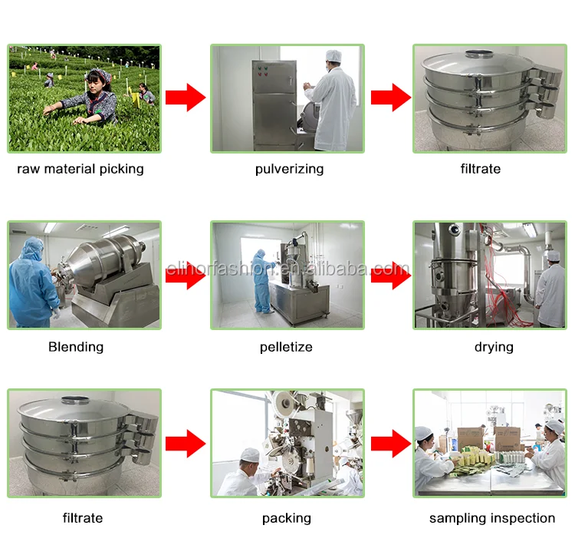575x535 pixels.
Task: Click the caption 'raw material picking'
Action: point(80,169)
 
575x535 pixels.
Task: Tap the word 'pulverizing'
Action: point(289,169)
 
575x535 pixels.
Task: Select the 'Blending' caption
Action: point(76,347)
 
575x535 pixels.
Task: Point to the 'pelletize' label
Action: point(286,347)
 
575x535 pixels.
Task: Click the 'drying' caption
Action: point(494,347)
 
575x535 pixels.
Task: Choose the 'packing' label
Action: point(287,518)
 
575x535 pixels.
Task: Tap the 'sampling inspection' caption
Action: point(492,518)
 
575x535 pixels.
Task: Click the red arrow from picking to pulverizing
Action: point(186,97)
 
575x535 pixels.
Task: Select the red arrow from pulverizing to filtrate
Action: point(391,97)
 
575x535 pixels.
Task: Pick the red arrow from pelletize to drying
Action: point(391,275)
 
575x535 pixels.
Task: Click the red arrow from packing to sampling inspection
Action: point(391,444)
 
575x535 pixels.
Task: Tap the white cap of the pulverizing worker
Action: point(332,55)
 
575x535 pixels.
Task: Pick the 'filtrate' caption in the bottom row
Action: point(82,518)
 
